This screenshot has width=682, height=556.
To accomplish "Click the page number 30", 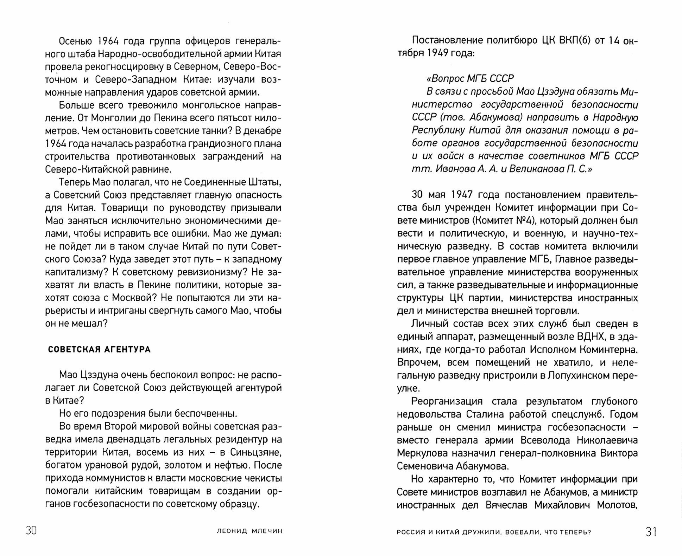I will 31,531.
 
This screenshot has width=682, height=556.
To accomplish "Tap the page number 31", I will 651,532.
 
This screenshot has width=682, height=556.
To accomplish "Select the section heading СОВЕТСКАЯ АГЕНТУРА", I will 99,350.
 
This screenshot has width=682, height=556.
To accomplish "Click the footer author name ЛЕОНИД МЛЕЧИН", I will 249,531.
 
